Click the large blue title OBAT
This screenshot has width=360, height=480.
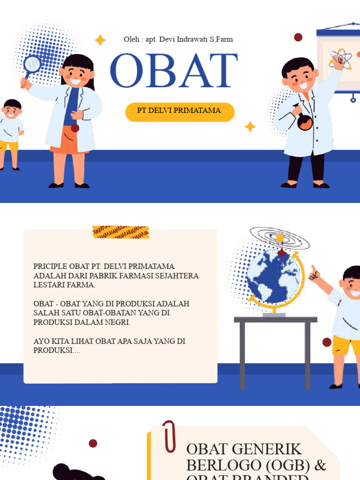tap(173, 71)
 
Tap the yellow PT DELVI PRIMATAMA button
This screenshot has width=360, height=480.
tap(180, 112)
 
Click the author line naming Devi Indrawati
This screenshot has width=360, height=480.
tap(178, 39)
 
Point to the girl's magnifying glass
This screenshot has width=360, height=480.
tap(32, 64)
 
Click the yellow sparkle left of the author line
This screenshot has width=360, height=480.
tap(100, 40)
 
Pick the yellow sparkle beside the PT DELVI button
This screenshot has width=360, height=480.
tap(250, 127)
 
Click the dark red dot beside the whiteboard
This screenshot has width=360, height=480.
tap(298, 37)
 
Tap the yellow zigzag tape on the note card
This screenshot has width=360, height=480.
tap(120, 232)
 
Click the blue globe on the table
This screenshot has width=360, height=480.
tap(274, 277)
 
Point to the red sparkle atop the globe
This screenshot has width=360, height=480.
tap(282, 253)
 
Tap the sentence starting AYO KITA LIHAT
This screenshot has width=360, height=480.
tap(109, 341)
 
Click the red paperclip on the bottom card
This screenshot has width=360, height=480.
tap(169, 436)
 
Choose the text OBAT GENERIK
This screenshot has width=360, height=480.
tap(244, 449)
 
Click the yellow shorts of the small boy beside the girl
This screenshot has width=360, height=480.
tap(10, 145)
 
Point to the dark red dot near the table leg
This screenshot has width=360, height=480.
tap(327, 342)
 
